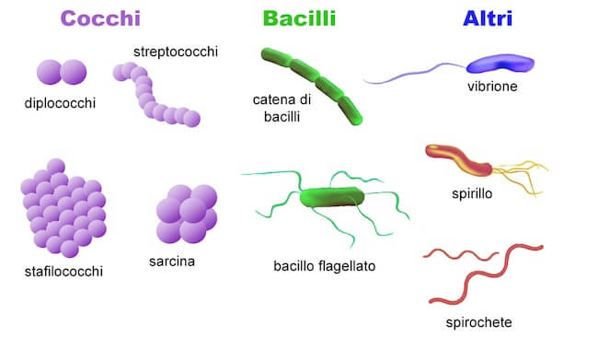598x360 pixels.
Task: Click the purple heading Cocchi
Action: (x=100, y=18)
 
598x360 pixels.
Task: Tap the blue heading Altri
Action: (x=489, y=18)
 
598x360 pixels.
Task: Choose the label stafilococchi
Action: (x=63, y=271)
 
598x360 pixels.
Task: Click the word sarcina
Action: (x=172, y=261)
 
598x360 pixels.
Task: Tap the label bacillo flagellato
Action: (x=325, y=267)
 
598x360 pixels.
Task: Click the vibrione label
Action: (x=491, y=87)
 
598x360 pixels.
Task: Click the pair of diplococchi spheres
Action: (x=61, y=72)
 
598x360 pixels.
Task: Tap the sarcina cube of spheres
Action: (x=186, y=217)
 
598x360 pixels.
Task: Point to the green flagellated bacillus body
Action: (x=332, y=196)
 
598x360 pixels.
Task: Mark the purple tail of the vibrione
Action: (x=414, y=75)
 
